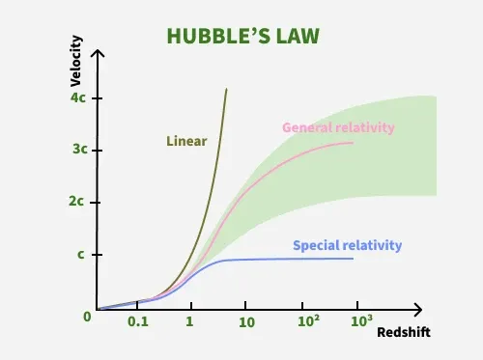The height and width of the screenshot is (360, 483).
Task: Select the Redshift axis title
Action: click(x=404, y=332)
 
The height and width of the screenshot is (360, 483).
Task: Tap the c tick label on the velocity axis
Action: click(x=80, y=255)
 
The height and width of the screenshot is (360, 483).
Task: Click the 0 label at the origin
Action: click(x=87, y=316)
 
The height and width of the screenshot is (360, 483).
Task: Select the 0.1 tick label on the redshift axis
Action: click(x=138, y=321)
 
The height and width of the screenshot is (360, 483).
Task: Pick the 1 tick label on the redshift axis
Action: click(x=190, y=321)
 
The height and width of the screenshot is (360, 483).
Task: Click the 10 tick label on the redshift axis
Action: click(x=246, y=321)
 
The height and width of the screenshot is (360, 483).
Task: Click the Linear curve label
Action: click(x=186, y=141)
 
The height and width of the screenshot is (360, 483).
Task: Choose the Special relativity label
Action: click(x=347, y=245)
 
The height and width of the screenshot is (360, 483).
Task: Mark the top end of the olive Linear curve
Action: click(x=226, y=90)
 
